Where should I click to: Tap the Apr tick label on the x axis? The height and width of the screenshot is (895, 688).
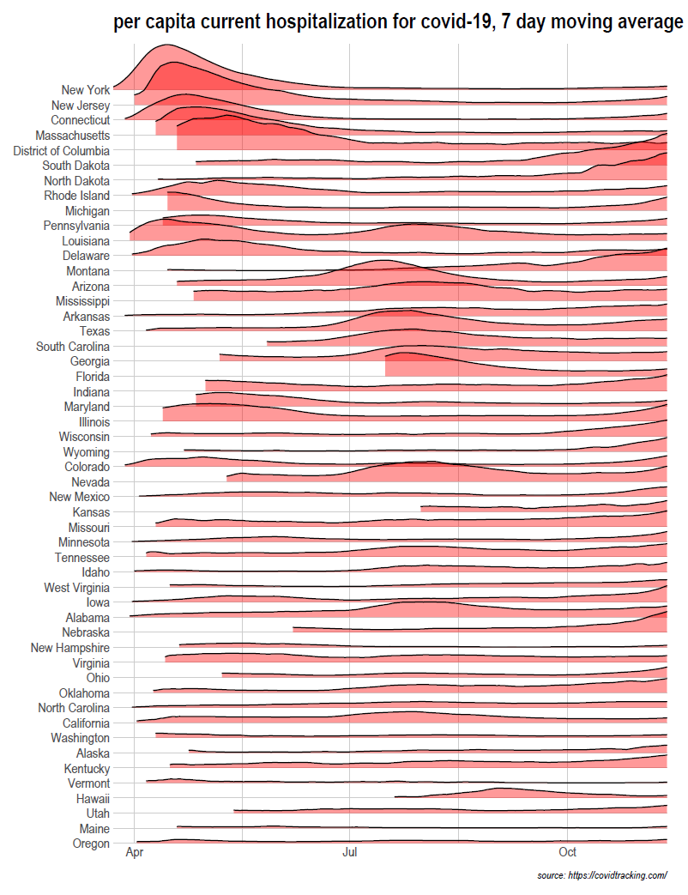pyautogui.click(x=135, y=853)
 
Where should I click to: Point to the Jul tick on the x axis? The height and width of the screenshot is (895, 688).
pyautogui.click(x=350, y=853)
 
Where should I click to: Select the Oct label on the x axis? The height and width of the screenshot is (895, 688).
pyautogui.click(x=567, y=853)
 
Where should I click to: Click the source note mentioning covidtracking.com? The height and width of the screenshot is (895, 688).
pyautogui.click(x=601, y=875)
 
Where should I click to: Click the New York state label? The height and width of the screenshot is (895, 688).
pyautogui.click(x=86, y=90)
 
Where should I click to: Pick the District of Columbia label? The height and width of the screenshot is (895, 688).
pyautogui.click(x=62, y=151)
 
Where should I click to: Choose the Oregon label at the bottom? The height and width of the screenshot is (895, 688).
pyautogui.click(x=91, y=844)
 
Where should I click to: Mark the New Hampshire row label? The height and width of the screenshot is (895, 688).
pyautogui.click(x=70, y=648)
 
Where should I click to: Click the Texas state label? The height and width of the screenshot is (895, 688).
pyautogui.click(x=94, y=331)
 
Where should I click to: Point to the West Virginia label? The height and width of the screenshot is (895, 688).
pyautogui.click(x=77, y=588)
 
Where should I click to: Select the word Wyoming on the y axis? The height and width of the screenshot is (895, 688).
pyautogui.click(x=87, y=452)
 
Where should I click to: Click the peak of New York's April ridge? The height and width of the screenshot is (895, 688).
pyautogui.click(x=166, y=45)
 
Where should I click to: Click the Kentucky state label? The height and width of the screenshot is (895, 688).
pyautogui.click(x=87, y=769)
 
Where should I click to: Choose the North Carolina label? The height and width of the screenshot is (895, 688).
pyautogui.click(x=74, y=708)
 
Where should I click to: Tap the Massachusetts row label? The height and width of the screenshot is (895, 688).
pyautogui.click(x=73, y=136)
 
